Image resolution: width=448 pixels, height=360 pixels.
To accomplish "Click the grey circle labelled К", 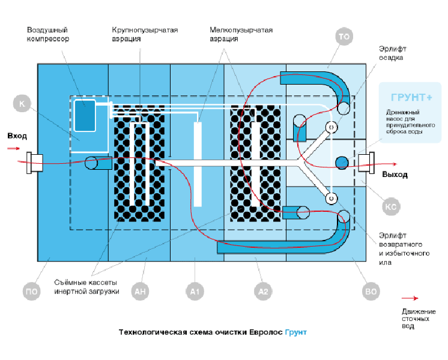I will (x=22, y=104).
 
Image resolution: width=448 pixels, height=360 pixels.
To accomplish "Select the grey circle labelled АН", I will (x=140, y=292).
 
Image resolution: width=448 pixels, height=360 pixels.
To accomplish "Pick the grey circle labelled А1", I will (x=194, y=292).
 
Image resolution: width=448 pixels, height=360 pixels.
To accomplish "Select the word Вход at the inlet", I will (x=17, y=136).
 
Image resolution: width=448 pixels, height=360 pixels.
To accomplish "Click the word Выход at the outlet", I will (x=395, y=175).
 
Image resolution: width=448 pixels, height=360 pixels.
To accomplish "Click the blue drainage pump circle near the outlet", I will (x=341, y=162).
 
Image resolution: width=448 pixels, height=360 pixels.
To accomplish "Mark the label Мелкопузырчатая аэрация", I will (x=241, y=34).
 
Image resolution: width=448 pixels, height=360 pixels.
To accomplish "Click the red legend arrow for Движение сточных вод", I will (x=410, y=298).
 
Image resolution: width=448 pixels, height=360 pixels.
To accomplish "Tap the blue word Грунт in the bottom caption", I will (x=295, y=332).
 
